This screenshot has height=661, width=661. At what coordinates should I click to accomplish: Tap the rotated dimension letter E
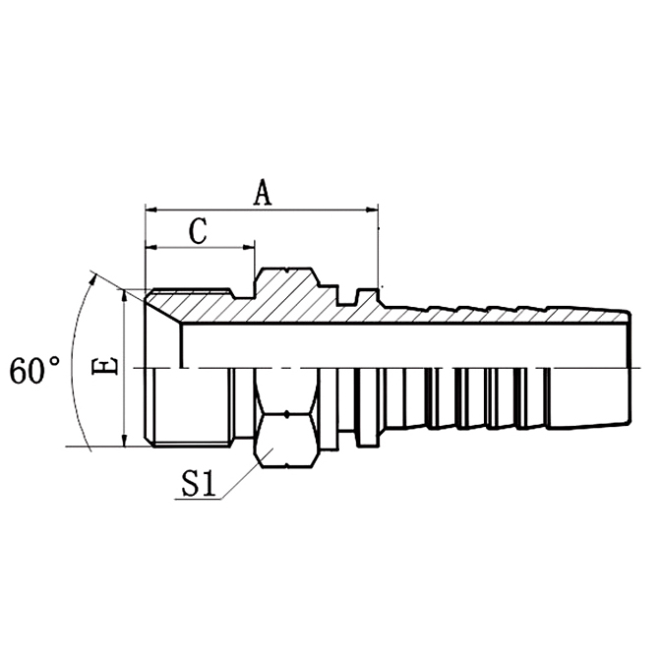click(110, 367)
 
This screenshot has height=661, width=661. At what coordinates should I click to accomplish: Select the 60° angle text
click(35, 371)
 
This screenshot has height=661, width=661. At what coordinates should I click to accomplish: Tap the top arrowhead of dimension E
click(125, 294)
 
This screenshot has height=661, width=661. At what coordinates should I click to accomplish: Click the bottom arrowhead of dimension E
click(125, 440)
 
